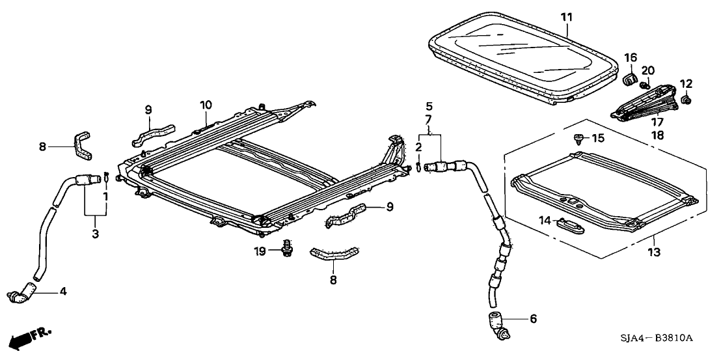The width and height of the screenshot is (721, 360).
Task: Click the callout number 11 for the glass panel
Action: point(566,14)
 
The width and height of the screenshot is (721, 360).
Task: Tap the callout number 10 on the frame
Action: point(206,105)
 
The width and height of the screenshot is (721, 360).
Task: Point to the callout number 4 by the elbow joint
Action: point(63,290)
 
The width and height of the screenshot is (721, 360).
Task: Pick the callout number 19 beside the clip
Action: point(260,251)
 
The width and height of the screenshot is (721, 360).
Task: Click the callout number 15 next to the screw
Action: point(599,137)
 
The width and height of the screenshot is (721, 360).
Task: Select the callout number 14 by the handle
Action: point(545,221)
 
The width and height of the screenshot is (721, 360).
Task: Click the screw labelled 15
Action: point(579,137)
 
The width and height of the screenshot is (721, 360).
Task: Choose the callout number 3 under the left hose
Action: point(95,233)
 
